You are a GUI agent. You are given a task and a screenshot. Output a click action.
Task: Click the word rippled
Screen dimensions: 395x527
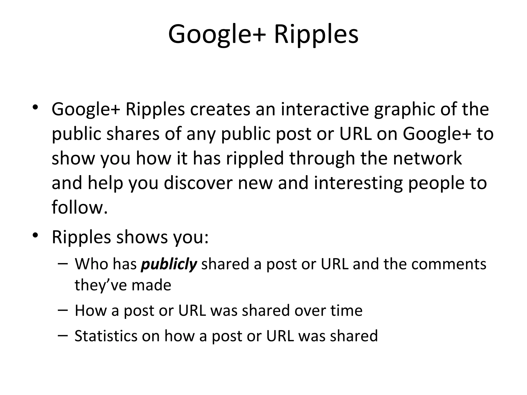[255, 158]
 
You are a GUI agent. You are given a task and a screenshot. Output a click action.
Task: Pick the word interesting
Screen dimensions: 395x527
[358, 183]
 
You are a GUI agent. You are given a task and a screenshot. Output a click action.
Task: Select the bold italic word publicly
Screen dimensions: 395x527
[169, 265]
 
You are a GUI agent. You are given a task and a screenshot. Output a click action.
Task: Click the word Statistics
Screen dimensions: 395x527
[106, 336]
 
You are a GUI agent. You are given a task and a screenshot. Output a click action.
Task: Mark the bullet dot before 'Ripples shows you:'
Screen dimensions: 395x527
[35, 235]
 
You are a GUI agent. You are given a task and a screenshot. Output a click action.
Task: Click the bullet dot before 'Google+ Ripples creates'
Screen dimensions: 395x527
[35, 107]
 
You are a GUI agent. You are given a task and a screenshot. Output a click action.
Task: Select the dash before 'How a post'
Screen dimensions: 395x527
[63, 310]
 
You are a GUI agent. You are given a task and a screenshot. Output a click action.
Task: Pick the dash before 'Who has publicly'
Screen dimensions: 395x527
[63, 263]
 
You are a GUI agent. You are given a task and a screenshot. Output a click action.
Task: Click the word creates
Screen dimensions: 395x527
[220, 109]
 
